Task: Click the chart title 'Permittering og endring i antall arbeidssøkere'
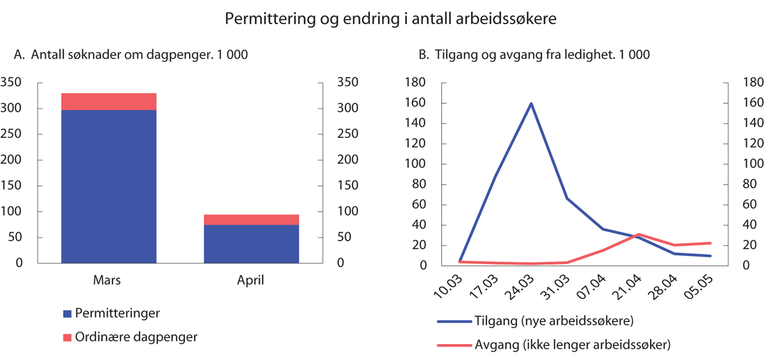point(391,19)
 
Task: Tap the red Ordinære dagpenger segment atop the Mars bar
point(108,102)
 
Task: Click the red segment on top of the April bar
point(251,220)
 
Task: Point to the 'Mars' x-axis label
point(108,280)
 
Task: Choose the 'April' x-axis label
point(251,280)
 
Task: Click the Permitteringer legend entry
point(111,314)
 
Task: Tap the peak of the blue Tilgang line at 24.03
point(531,104)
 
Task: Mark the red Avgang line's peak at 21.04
point(639,234)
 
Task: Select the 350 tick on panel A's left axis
point(12,83)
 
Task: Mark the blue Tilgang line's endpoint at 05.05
point(710,256)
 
